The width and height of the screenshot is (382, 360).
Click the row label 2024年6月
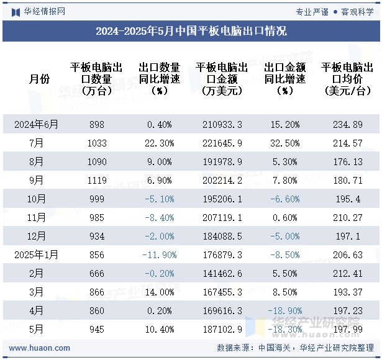(37, 124)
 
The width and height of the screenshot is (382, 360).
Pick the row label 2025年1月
(37, 254)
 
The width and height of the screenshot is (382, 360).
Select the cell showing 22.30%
(160, 143)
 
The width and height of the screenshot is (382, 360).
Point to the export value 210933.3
(222, 124)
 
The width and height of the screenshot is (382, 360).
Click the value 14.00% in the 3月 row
(160, 292)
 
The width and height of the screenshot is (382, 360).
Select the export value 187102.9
(222, 329)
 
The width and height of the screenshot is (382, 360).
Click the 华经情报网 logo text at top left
(43, 11)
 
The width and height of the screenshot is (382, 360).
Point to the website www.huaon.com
(40, 348)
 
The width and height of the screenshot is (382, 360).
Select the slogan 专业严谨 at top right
(312, 11)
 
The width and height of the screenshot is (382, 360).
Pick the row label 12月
(37, 236)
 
